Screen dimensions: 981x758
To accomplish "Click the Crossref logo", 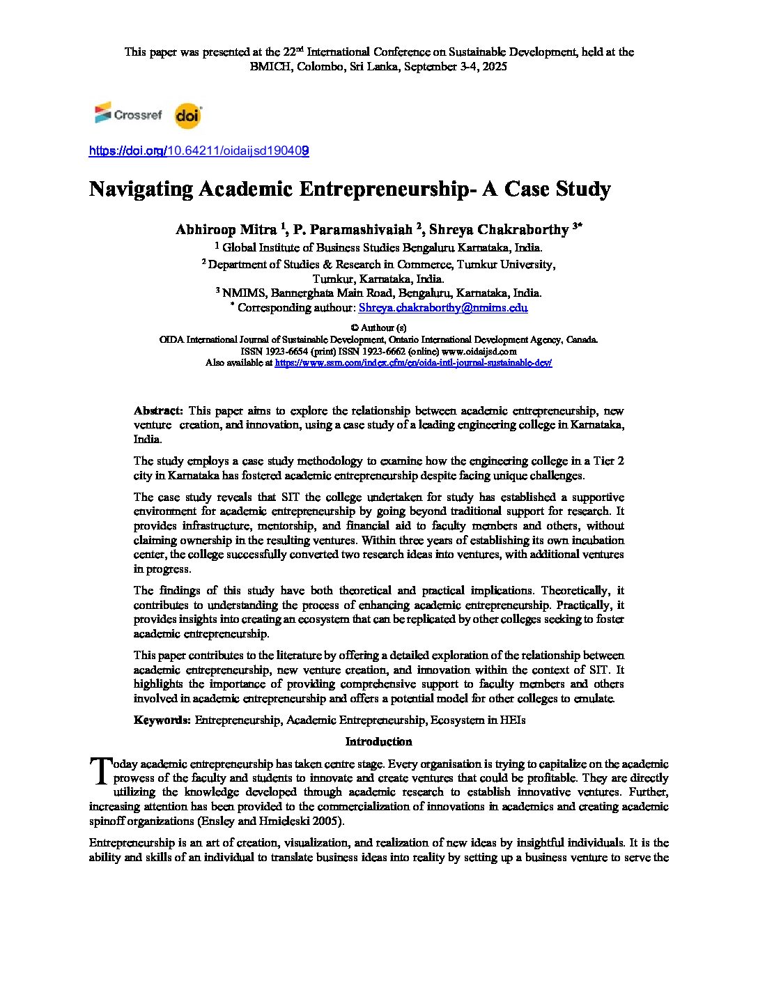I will (x=128, y=114).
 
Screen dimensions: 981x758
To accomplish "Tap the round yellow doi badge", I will (x=188, y=116).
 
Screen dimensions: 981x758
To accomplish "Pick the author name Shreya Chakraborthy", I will (x=498, y=229).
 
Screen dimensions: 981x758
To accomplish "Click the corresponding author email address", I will (x=442, y=308).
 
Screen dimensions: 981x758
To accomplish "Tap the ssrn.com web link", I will (x=413, y=363).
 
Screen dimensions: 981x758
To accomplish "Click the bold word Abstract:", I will (x=158, y=410).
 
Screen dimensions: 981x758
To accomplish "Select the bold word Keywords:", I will (x=162, y=720).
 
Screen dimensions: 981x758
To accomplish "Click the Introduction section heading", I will (x=378, y=741).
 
